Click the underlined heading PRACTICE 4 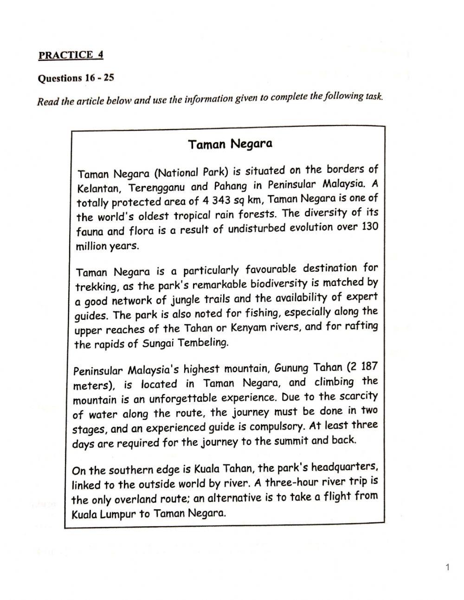click(71, 55)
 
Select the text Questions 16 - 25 click(76, 78)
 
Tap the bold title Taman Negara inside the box click(230, 144)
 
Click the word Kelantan click(99, 189)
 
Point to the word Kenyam click(250, 328)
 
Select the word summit click(290, 441)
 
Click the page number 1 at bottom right click(447, 567)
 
